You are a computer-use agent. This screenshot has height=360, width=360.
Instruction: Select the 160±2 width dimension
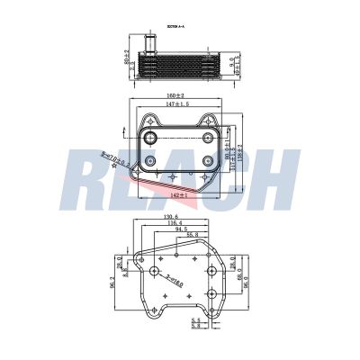[176, 95]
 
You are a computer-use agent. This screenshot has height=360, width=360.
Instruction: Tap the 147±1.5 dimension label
[177, 105]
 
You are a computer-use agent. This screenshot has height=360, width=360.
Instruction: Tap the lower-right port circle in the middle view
[211, 161]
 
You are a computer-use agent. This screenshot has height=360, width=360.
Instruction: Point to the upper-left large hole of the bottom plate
[156, 271]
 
